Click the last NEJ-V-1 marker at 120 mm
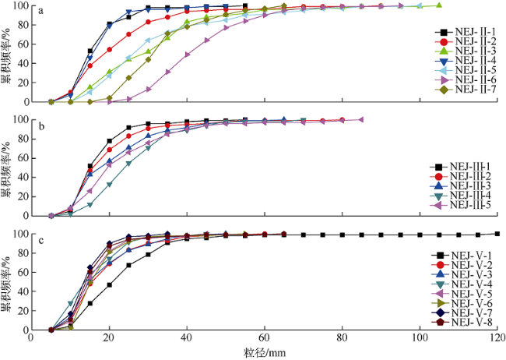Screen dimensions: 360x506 coord(497,234)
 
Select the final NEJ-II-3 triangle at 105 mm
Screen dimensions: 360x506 coord(439,5)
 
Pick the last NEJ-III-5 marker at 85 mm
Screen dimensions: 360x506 coord(361,119)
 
